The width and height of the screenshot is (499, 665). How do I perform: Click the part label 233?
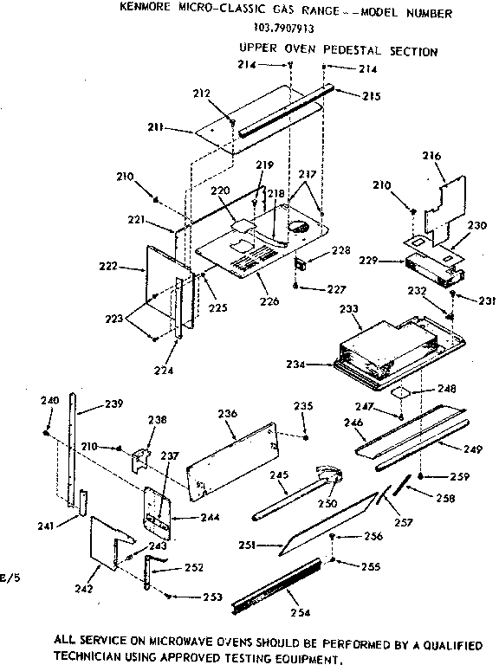349,307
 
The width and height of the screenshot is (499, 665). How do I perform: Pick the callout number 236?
227,415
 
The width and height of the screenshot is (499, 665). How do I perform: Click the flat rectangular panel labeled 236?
234,458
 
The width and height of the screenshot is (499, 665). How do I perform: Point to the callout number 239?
113,403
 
